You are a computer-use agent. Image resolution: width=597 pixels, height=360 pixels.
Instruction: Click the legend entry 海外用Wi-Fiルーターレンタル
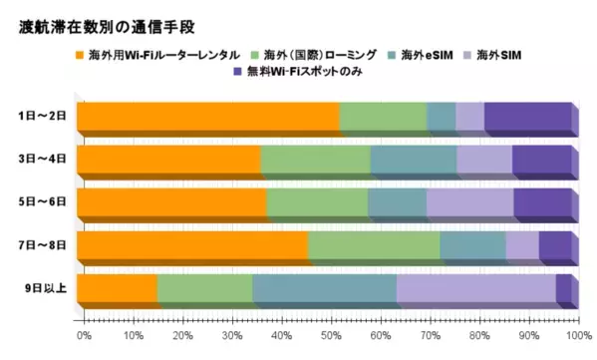pyautogui.click(x=162, y=52)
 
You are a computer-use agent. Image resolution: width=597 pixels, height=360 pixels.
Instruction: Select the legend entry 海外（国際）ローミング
pyautogui.click(x=317, y=52)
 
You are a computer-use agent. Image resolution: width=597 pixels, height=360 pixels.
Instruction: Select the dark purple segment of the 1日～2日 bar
pyautogui.click(x=527, y=118)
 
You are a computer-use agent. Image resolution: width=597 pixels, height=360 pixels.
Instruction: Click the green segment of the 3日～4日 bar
pyautogui.click(x=315, y=161)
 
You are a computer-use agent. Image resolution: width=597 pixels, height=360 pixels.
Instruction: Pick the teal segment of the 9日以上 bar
pyautogui.click(x=324, y=289)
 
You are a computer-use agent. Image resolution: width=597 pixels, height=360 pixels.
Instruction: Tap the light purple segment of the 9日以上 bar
pyautogui.click(x=475, y=289)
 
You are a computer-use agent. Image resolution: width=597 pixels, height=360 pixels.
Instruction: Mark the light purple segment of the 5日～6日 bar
pyautogui.click(x=469, y=203)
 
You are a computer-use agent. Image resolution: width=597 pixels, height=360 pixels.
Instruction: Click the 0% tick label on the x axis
pyautogui.click(x=84, y=334)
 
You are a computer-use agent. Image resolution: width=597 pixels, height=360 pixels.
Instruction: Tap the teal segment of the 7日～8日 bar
pyautogui.click(x=472, y=246)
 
